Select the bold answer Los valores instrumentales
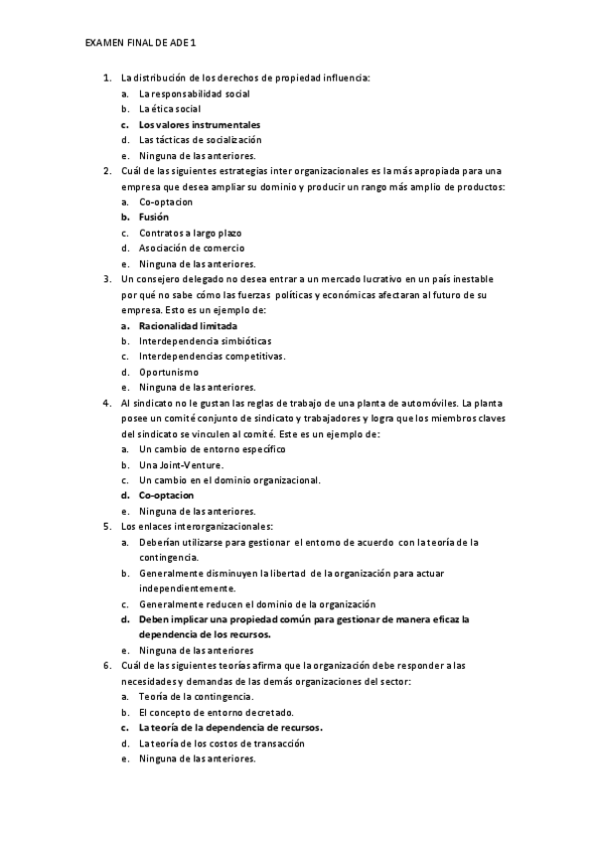pos(199,124)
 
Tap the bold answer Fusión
pos(154,217)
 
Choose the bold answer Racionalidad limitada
pos(188,325)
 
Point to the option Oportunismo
pos(169,372)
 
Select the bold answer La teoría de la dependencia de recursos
pos(230,728)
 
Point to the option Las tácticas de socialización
pos(193,140)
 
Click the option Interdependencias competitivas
pos(198,356)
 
